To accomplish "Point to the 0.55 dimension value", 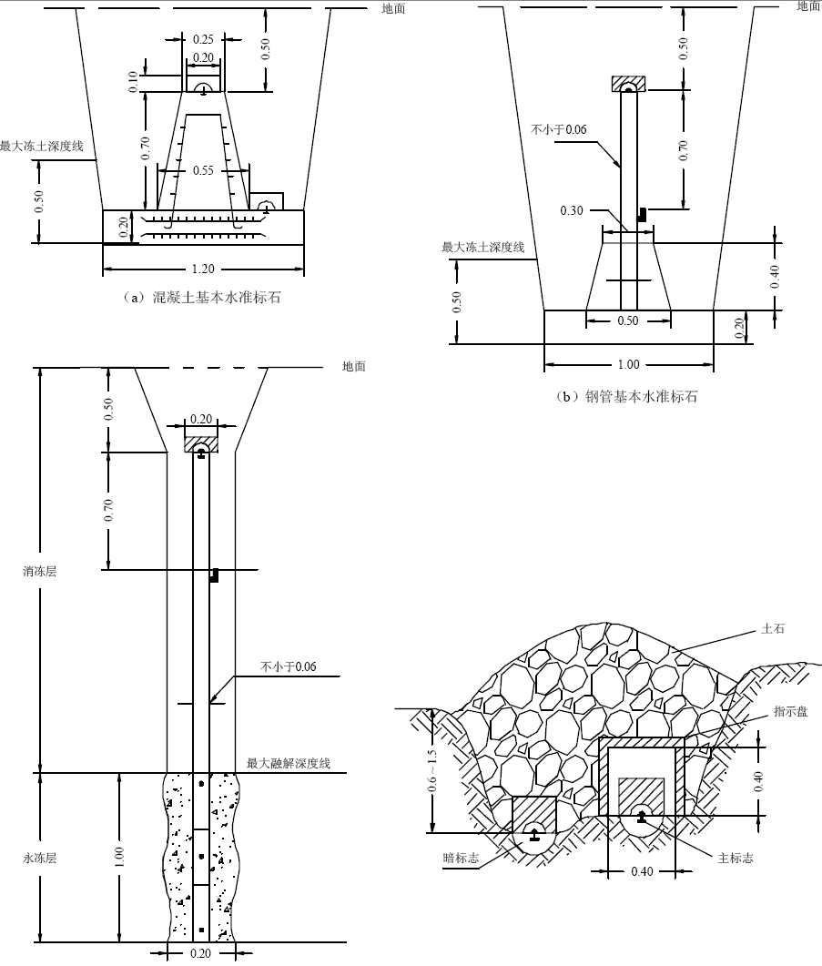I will pos(203,170).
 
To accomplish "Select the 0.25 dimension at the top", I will pos(204,39).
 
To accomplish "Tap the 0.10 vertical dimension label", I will pos(134,82).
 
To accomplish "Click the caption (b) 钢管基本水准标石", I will pos(626,396).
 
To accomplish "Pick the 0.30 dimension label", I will pos(572,210).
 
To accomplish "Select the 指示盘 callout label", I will pos(790,711).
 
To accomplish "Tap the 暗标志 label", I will pos(461,858).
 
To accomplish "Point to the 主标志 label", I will pos(736,858).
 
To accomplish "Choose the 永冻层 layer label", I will pos(40,858).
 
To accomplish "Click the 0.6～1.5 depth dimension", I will pos(432,770).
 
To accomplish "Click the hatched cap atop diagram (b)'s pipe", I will pos(628,83).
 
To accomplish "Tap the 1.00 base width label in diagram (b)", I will pos(628,364).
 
